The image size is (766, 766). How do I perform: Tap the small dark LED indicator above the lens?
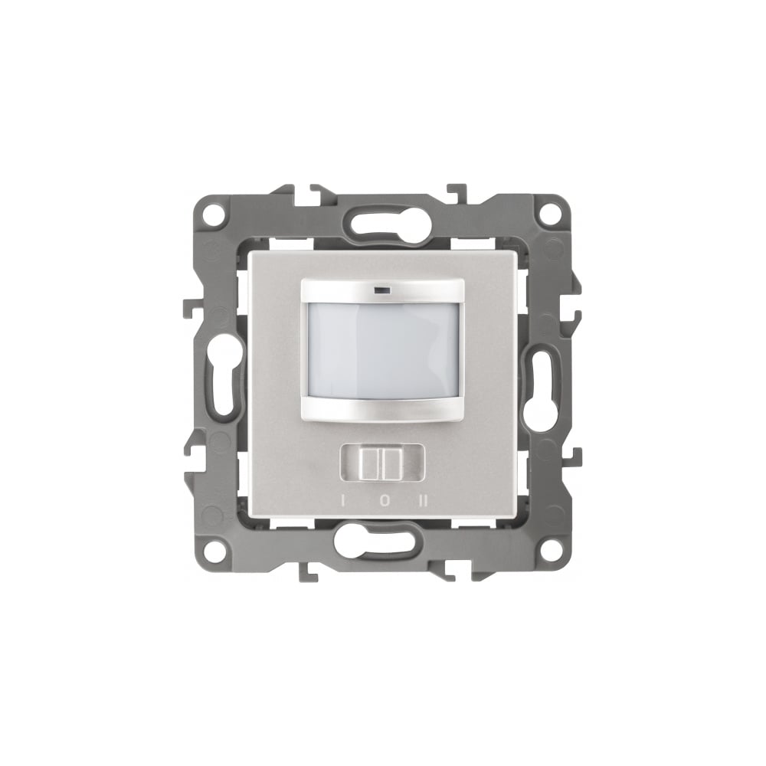pos(378,291)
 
